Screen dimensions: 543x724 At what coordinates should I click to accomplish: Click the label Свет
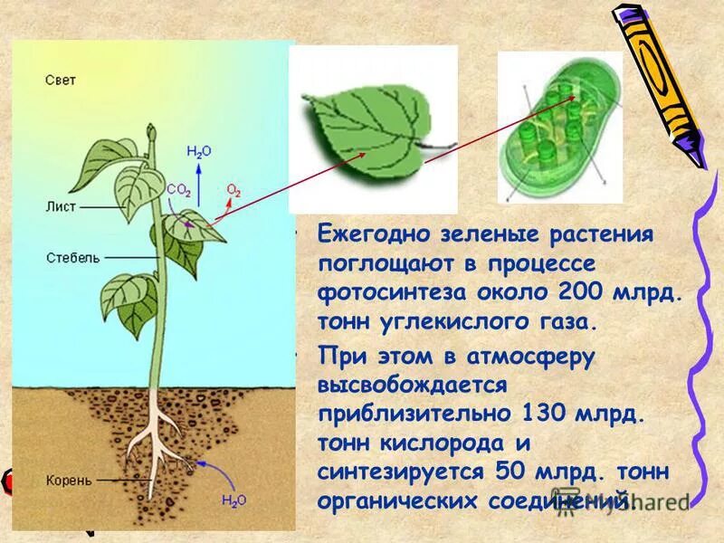pos(61,81)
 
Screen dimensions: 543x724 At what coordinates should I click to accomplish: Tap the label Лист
pos(61,206)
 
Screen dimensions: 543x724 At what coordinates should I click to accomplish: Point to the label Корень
pos(69,480)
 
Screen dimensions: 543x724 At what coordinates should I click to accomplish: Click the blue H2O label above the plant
pos(198,152)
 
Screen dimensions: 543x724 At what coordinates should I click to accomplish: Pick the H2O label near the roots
pos(233,499)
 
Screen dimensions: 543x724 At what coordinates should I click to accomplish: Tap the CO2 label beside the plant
pos(177,189)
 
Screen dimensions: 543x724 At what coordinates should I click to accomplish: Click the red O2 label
pos(233,190)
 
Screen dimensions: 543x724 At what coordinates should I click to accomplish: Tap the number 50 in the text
pos(509,472)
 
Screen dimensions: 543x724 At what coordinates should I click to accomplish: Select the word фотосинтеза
pos(387,294)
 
